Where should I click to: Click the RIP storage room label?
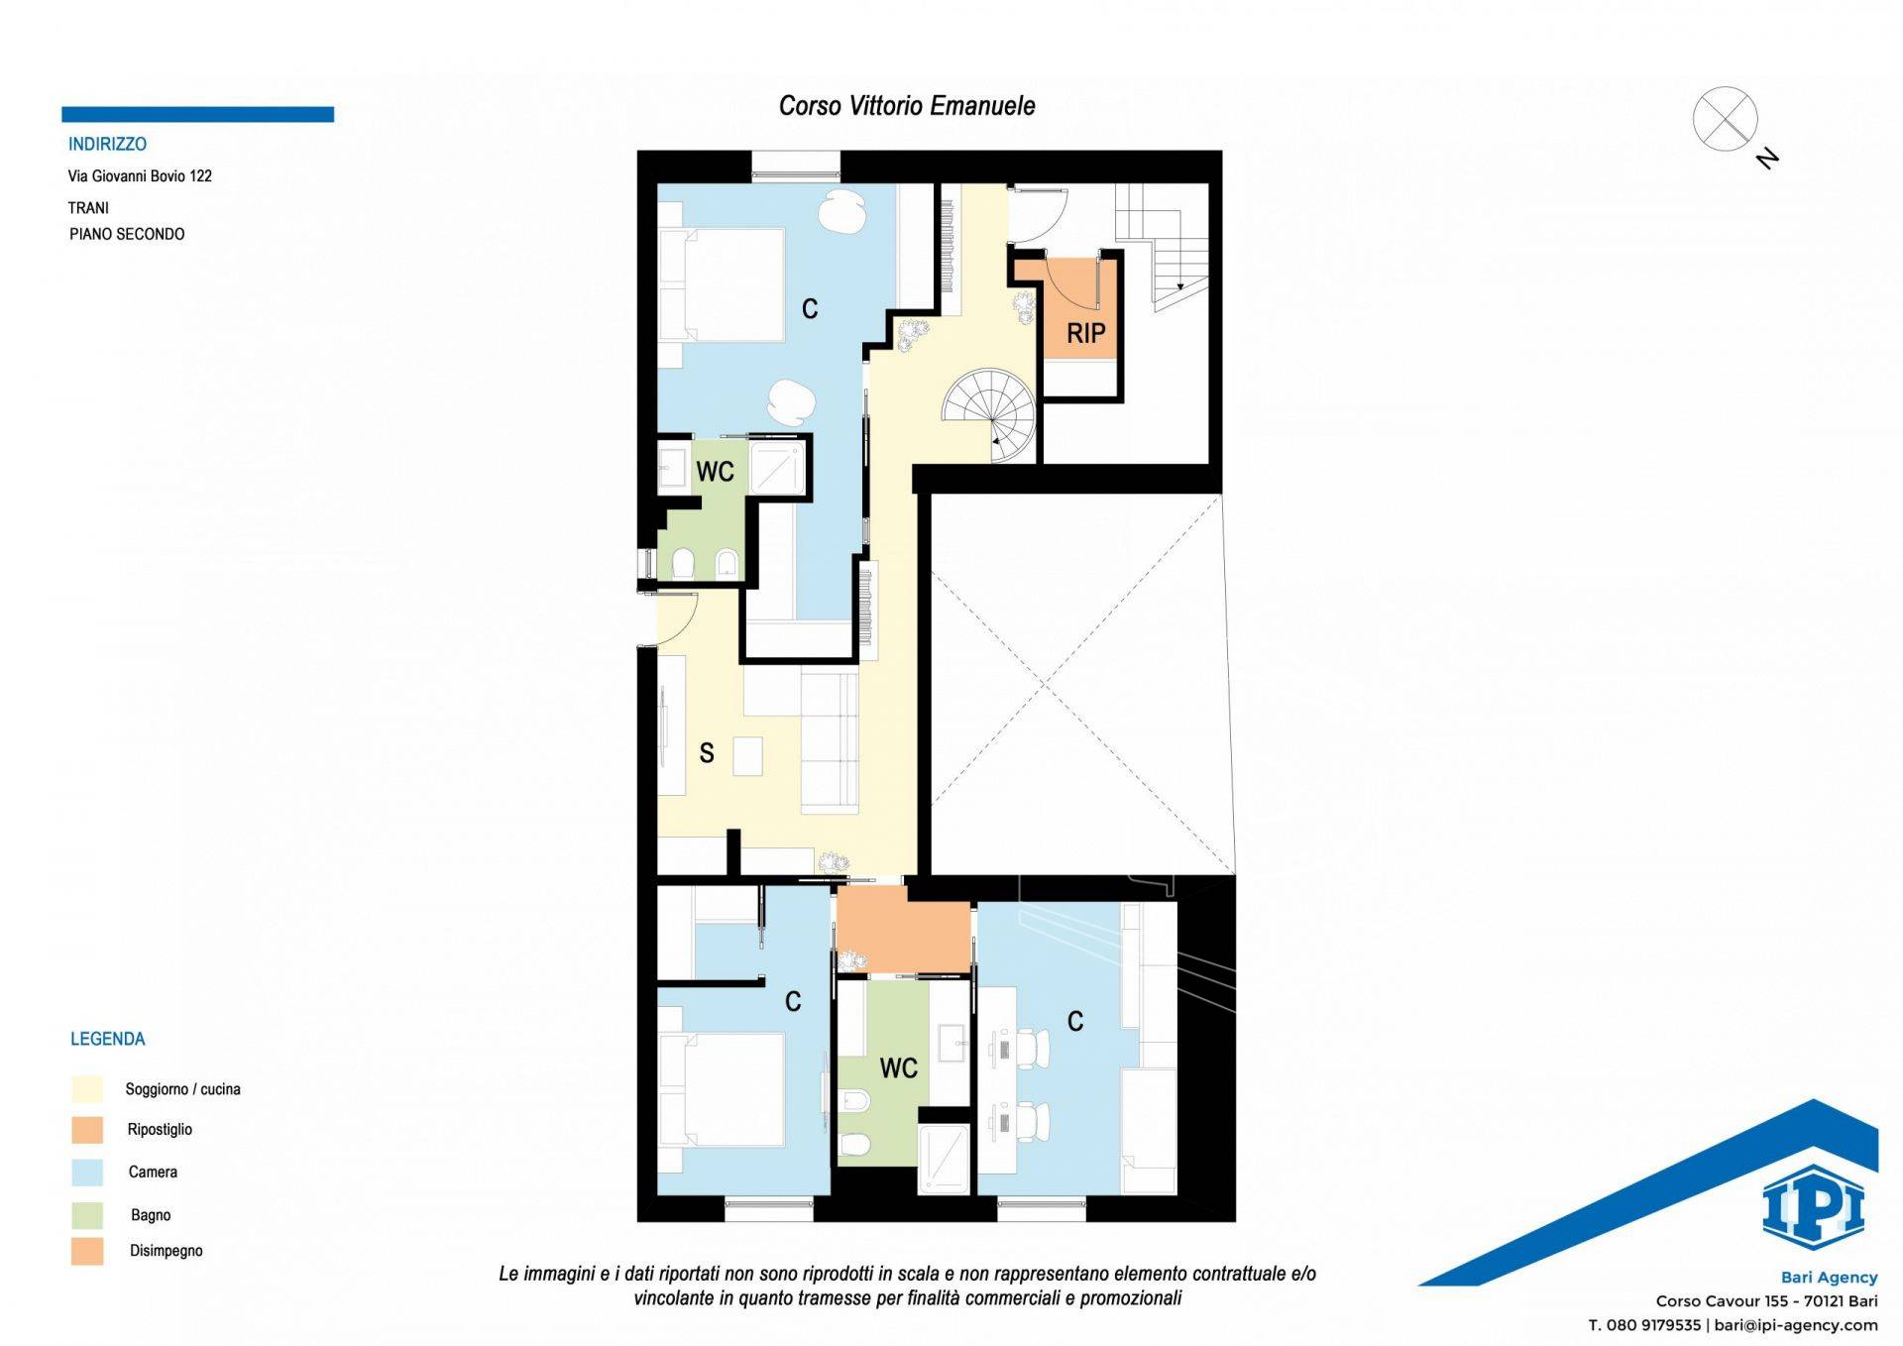pyautogui.click(x=1085, y=333)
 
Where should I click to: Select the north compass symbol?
pyautogui.click(x=1733, y=126)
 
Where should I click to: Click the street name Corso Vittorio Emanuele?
pyautogui.click(x=907, y=106)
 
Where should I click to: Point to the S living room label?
pyautogui.click(x=707, y=753)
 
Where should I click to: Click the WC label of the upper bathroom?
pyautogui.click(x=715, y=472)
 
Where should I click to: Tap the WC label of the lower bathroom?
pyautogui.click(x=898, y=1068)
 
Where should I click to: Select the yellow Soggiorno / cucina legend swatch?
pyautogui.click(x=87, y=1088)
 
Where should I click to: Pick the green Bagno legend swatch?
pyautogui.click(x=87, y=1215)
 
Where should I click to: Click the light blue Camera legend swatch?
pyautogui.click(x=87, y=1173)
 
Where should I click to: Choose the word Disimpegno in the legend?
pyautogui.click(x=166, y=1251)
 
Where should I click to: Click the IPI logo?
pyautogui.click(x=1813, y=1206)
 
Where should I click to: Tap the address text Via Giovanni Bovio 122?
pyautogui.click(x=140, y=176)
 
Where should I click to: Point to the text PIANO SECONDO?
pyautogui.click(x=127, y=234)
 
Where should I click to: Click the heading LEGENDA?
pyautogui.click(x=107, y=1039)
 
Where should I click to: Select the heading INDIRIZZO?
pyautogui.click(x=107, y=144)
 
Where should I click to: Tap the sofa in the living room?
pyautogui.click(x=829, y=741)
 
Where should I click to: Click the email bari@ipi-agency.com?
pyautogui.click(x=1796, y=1325)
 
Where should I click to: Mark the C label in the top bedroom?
pyautogui.click(x=810, y=310)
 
